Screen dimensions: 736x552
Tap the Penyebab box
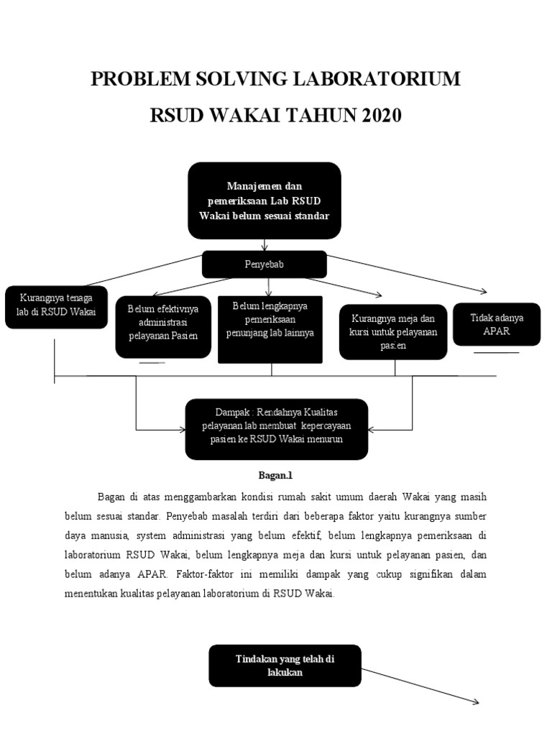264,264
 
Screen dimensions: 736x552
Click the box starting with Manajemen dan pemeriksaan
264,201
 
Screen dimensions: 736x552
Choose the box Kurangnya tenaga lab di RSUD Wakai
56,305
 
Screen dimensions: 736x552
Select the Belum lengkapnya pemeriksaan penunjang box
270,328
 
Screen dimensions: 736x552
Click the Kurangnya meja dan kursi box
393,331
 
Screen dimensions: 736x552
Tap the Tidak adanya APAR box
497,323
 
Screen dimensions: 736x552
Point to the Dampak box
277,429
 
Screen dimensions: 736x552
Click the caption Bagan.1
276,475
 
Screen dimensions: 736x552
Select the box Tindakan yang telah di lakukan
285,665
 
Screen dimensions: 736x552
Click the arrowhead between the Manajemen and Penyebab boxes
264,247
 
